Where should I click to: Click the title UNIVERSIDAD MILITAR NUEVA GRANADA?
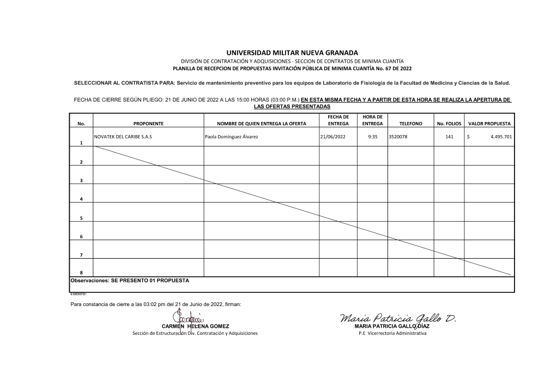click(x=292, y=52)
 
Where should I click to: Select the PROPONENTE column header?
click(x=148, y=124)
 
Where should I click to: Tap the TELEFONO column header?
click(x=411, y=124)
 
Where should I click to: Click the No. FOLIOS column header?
click(x=449, y=124)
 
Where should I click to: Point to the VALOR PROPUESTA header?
click(x=489, y=124)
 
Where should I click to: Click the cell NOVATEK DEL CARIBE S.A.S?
click(x=123, y=137)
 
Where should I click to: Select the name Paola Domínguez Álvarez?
click(x=231, y=137)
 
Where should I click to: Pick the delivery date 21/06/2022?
click(x=333, y=137)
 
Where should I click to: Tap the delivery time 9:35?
click(x=373, y=137)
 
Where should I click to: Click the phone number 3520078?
click(x=398, y=137)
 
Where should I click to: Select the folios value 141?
click(x=449, y=137)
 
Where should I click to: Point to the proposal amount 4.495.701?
click(x=501, y=137)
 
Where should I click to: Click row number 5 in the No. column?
click(x=81, y=218)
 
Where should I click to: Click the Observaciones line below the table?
click(x=130, y=280)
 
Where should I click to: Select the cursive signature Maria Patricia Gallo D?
click(x=398, y=318)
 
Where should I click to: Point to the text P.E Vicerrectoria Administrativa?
click(x=390, y=333)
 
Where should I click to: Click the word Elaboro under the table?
click(x=78, y=294)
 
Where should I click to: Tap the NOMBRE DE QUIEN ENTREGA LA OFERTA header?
click(x=261, y=124)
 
